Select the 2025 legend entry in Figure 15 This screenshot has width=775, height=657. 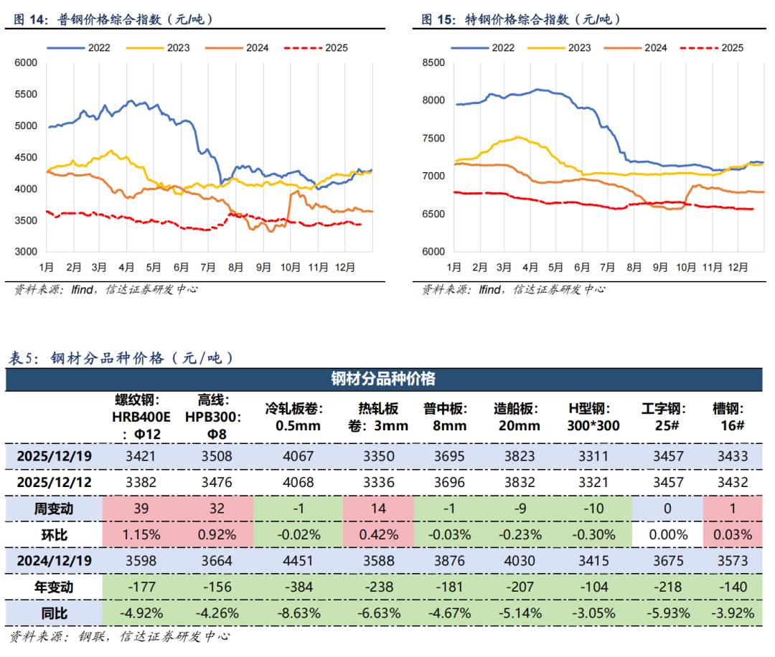(x=732, y=48)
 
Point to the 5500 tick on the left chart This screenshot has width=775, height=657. (x=25, y=94)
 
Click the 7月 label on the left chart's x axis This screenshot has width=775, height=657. (x=208, y=267)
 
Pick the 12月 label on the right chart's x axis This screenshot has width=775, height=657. (x=739, y=267)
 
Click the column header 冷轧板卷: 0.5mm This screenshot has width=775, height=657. (x=294, y=417)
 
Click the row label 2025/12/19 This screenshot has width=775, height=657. (x=54, y=456)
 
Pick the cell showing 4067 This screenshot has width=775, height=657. (x=294, y=456)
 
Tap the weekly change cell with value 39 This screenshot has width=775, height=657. (x=143, y=509)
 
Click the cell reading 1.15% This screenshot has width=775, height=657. (x=143, y=534)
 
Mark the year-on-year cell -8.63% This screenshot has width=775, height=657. (x=294, y=613)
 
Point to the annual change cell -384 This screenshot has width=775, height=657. (x=294, y=587)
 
